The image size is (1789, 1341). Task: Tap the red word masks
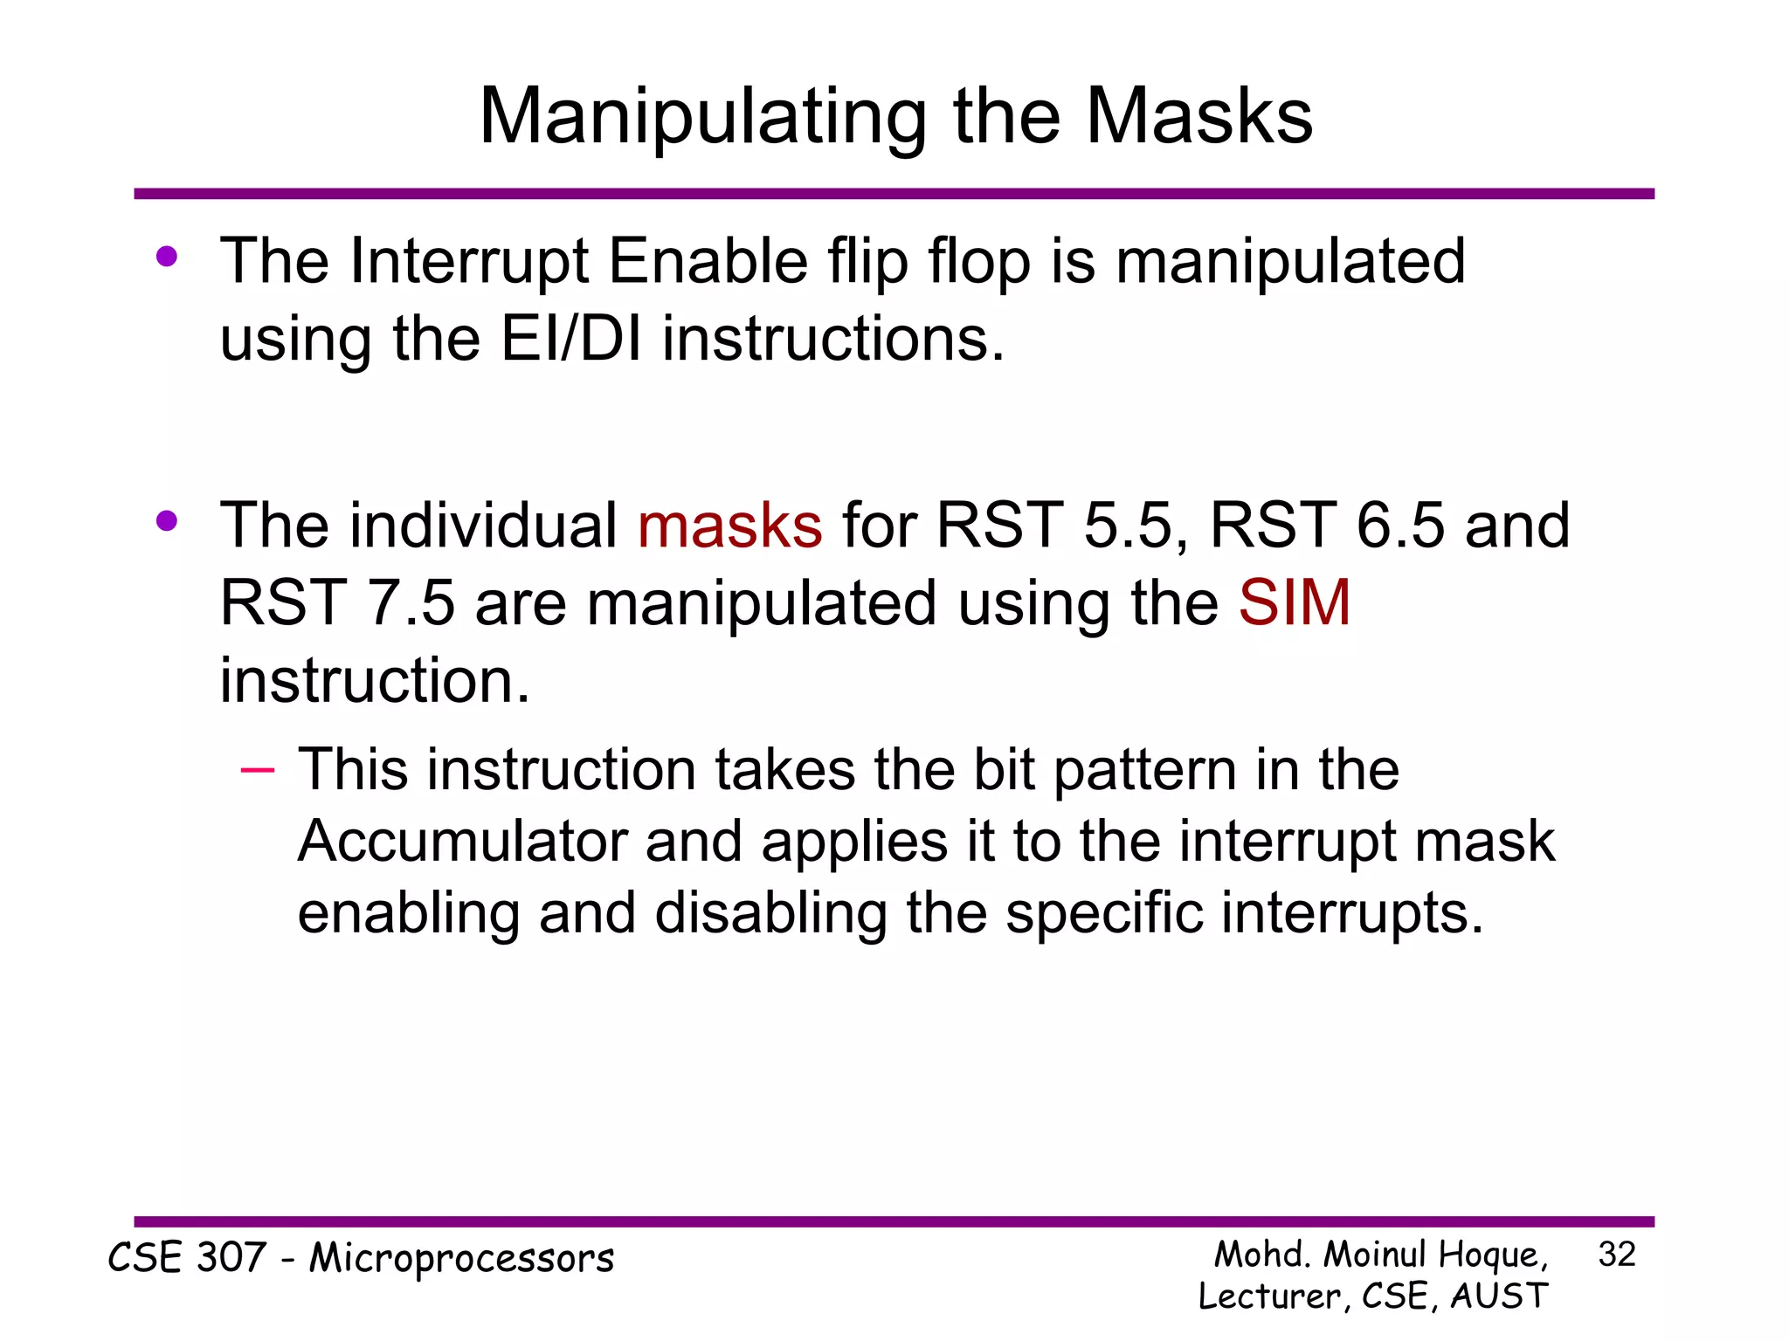pos(729,526)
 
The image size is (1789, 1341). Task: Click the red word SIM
pos(1294,602)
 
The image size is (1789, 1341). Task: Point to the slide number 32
pos(1616,1255)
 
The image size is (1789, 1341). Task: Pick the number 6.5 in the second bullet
pos(1400,526)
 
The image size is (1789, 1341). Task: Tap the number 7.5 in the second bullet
pos(411,602)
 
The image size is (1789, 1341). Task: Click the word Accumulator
pos(461,842)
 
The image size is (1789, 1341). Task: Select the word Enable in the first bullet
pos(708,261)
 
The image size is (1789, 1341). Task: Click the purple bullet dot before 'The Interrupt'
pos(167,257)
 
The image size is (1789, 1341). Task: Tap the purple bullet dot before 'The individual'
pos(167,521)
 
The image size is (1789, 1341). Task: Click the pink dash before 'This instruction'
pos(257,769)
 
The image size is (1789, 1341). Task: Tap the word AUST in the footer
pos(1499,1296)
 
